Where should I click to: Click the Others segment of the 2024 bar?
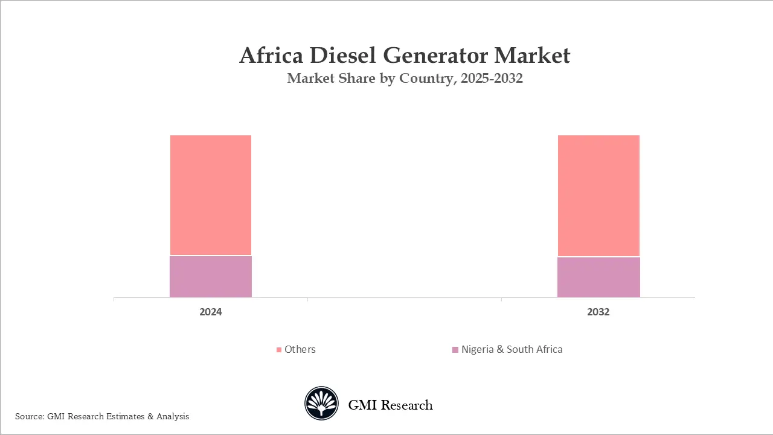[x=211, y=195]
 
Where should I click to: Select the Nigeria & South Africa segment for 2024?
[x=211, y=277]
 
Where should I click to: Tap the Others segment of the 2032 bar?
[x=598, y=196]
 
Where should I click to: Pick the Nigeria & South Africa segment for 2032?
[x=598, y=277]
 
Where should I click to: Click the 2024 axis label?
[x=211, y=312]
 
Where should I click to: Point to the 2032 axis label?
[x=598, y=312]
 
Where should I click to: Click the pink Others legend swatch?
[x=279, y=350]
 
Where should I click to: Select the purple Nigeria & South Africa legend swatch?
[x=455, y=350]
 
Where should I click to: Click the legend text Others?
[x=300, y=349]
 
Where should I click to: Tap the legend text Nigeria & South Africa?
[x=512, y=349]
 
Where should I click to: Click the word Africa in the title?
[x=270, y=56]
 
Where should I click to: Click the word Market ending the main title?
[x=532, y=56]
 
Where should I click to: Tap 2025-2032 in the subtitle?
[x=491, y=79]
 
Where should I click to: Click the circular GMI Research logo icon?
[x=321, y=404]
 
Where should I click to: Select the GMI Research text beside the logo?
[x=390, y=405]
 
